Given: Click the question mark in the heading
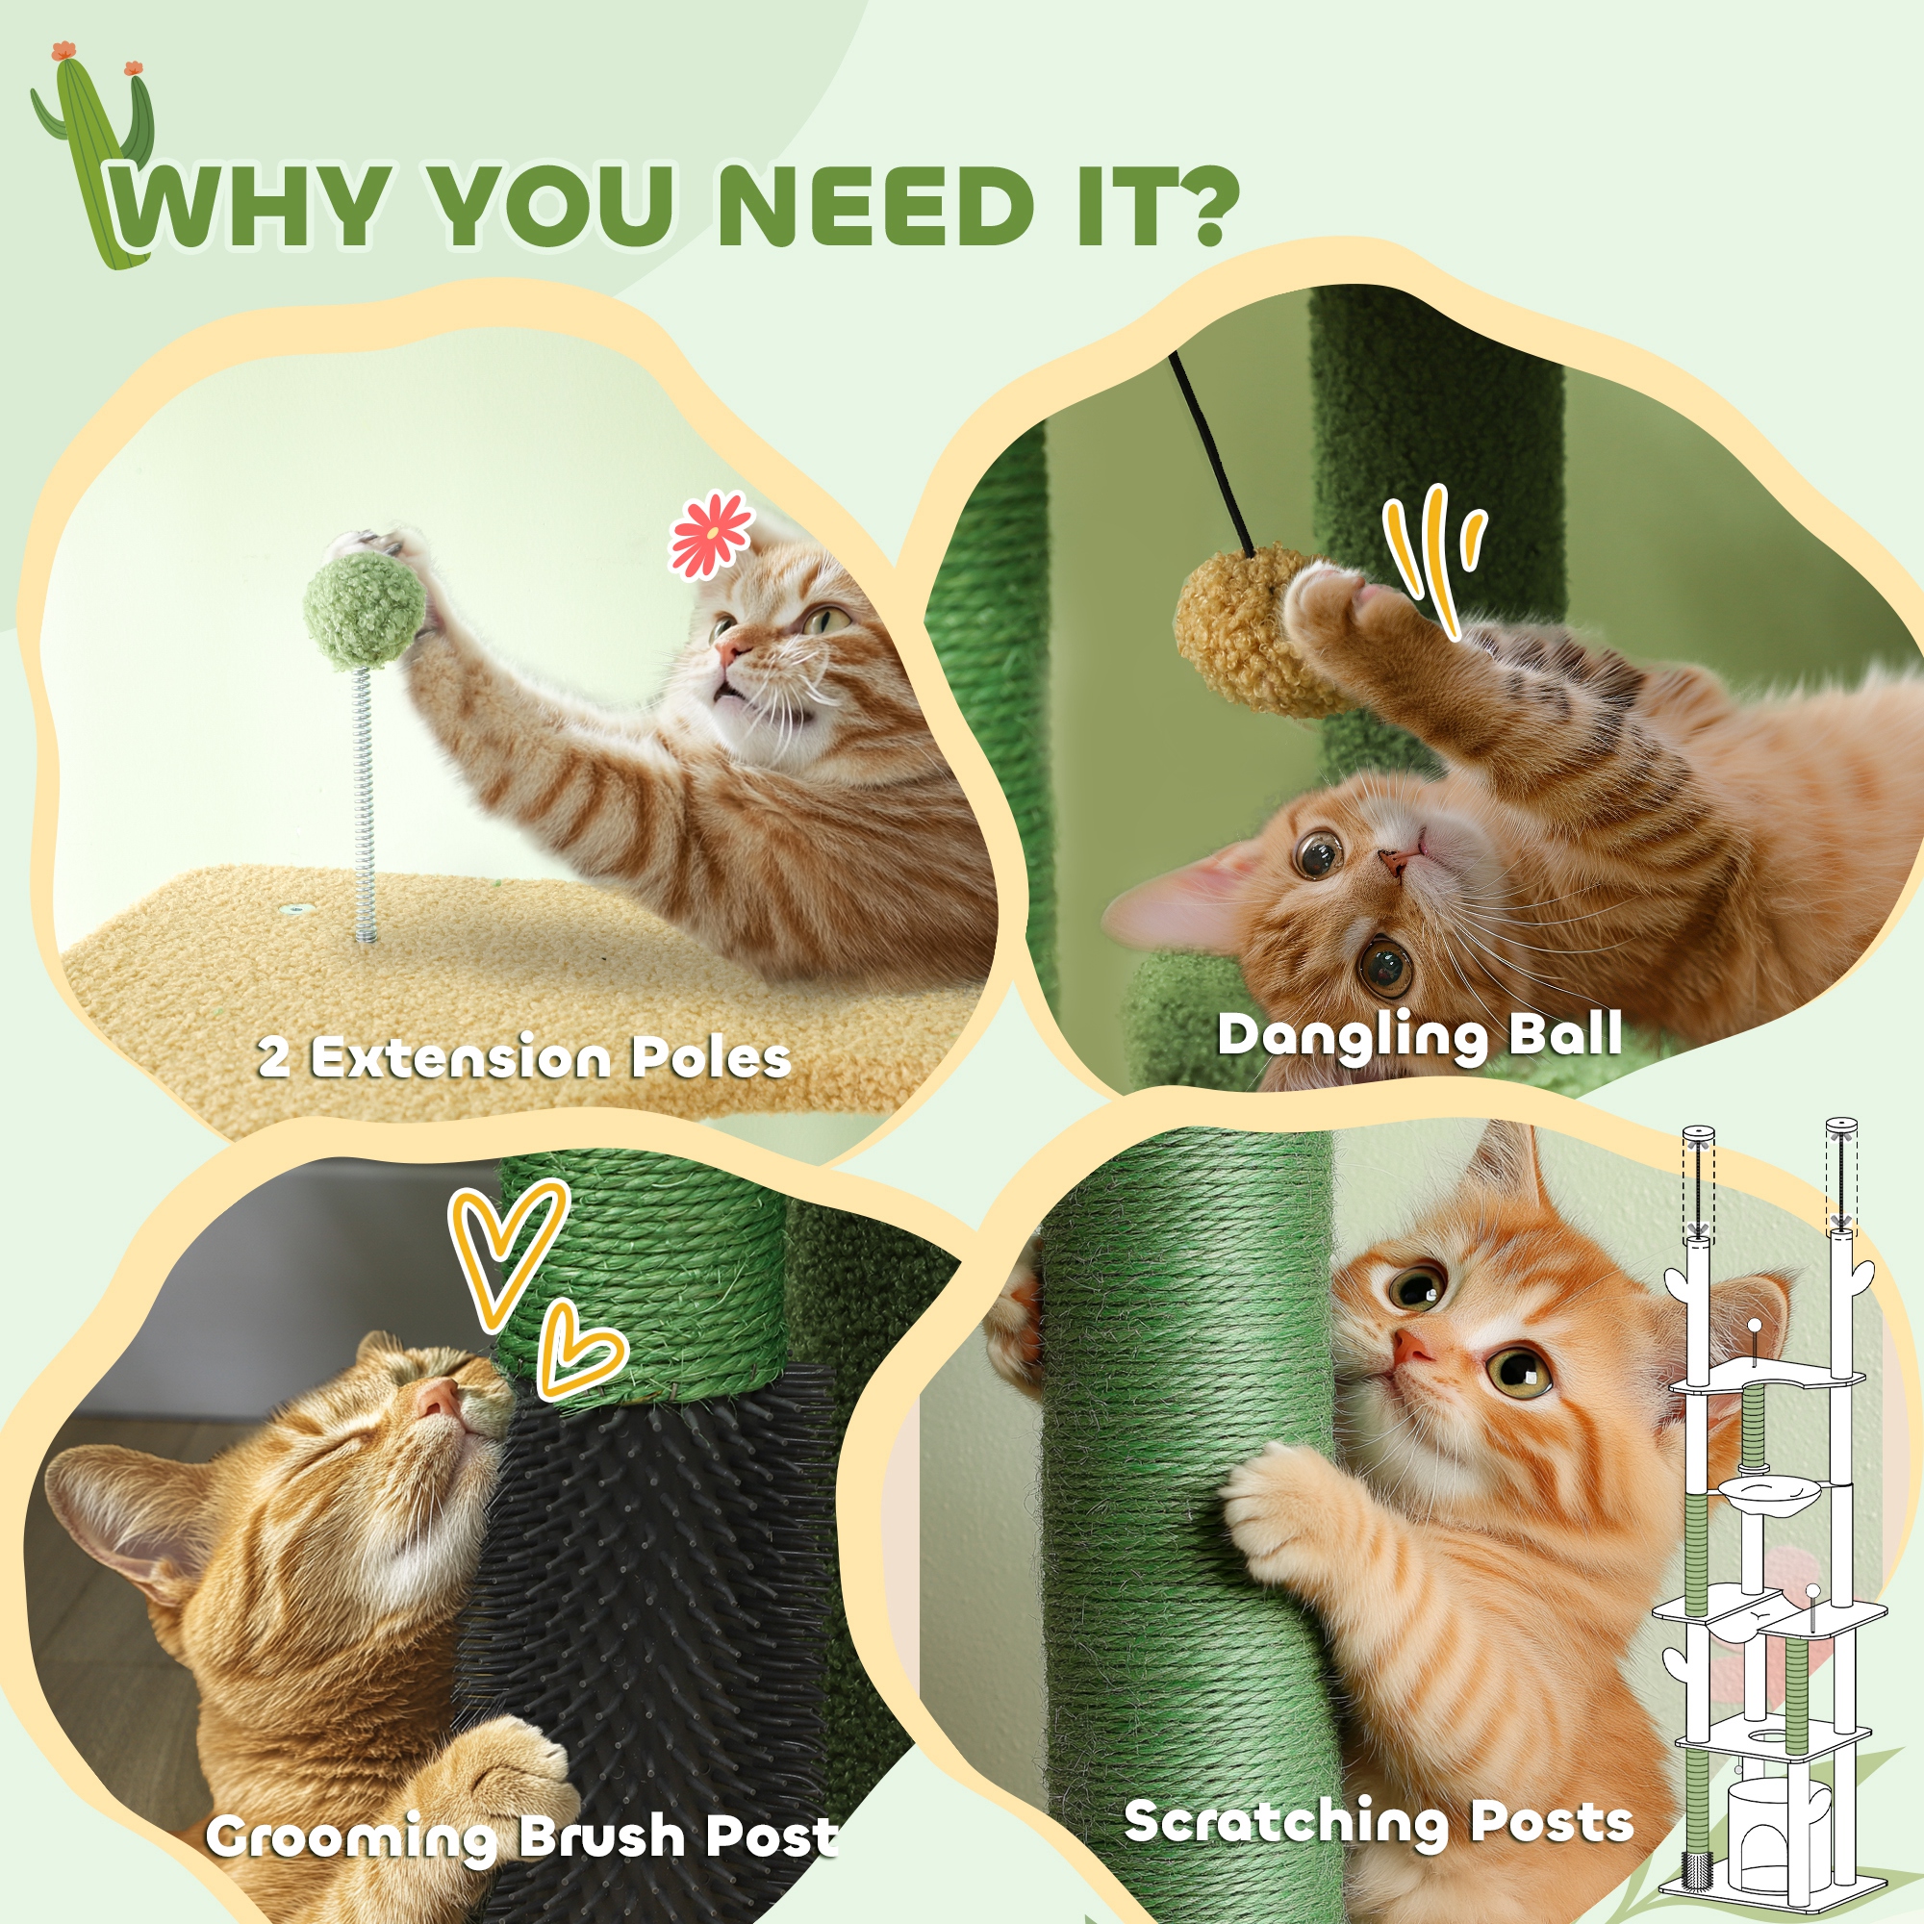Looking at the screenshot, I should (1198, 207).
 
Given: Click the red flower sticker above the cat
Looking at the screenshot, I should (710, 535).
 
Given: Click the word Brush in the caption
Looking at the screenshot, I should (601, 1837).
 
